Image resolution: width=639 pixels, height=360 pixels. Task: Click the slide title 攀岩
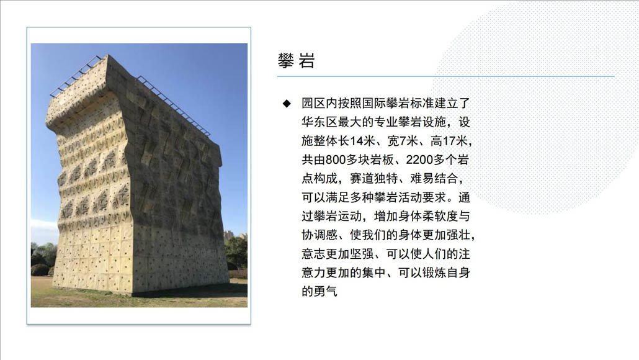(297, 61)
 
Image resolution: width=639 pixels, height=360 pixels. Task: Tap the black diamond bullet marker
(287, 104)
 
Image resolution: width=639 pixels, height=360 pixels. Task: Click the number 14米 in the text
(362, 141)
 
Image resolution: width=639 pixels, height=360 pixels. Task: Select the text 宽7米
(403, 141)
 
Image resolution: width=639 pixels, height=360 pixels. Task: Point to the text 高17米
(449, 141)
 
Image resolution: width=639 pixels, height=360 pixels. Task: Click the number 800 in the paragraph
(336, 160)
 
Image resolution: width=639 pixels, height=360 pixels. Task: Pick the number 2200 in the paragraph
(419, 160)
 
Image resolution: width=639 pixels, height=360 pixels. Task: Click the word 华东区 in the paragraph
(319, 122)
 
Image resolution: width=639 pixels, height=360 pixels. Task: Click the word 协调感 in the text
(319, 235)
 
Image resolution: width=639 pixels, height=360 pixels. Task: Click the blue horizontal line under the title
(446, 76)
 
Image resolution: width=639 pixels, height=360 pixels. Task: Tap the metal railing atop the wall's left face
(78, 76)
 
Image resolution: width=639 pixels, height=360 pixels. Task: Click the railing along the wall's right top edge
(173, 105)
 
